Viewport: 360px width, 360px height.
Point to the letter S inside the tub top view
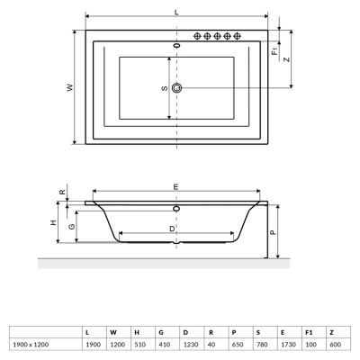pyautogui.click(x=163, y=87)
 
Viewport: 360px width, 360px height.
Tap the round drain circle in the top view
pyautogui.click(x=177, y=87)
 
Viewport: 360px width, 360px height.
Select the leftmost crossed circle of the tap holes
pyautogui.click(x=197, y=36)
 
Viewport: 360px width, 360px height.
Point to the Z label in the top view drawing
pyautogui.click(x=285, y=59)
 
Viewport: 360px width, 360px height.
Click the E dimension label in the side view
pyautogui.click(x=175, y=185)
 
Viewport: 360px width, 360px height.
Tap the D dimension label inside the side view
pyautogui.click(x=172, y=228)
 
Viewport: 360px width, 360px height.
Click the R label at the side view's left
pyautogui.click(x=62, y=193)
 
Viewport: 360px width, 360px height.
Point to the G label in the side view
pyautogui.click(x=70, y=227)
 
